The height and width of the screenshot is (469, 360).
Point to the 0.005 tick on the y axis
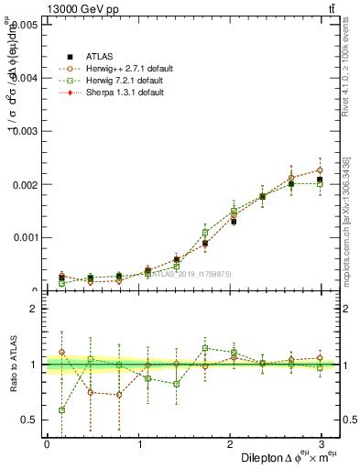point(26,25)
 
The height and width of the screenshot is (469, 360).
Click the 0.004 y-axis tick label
point(26,78)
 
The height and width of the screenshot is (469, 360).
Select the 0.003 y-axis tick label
point(26,131)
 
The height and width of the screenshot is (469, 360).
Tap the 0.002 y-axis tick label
point(26,184)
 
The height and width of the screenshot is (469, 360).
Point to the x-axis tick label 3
point(321,443)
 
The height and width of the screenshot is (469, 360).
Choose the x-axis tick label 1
point(138,443)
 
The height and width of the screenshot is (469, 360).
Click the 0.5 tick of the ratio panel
point(31,420)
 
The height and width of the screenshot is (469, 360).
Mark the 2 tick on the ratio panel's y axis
point(35,309)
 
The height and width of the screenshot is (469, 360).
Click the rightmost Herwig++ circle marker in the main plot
point(321,170)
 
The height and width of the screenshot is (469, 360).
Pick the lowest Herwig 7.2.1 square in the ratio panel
point(61,410)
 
